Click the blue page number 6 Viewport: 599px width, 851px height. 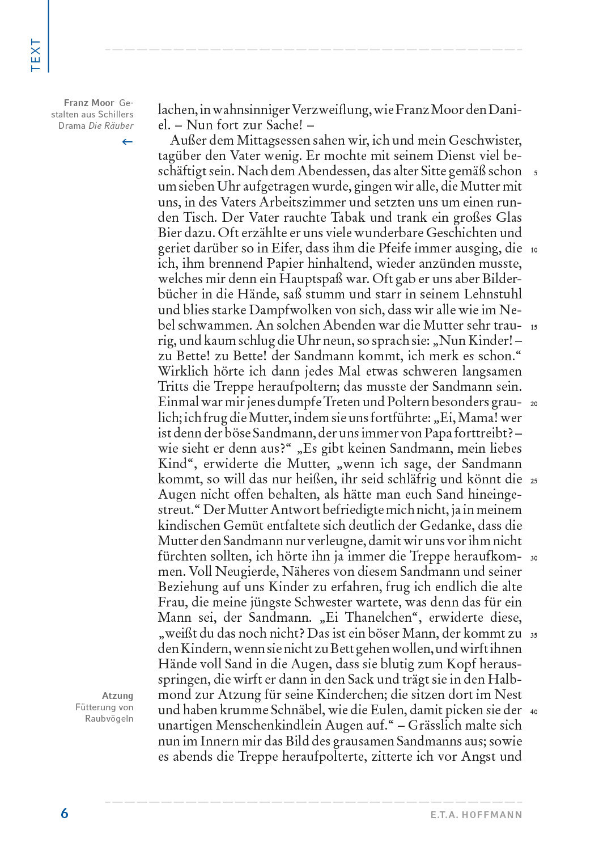point(65,813)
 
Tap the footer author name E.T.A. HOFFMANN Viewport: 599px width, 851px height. point(475,815)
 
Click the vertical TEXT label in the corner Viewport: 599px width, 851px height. point(36,55)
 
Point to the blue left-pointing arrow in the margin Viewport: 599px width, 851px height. point(128,142)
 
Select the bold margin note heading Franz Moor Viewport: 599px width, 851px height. point(89,103)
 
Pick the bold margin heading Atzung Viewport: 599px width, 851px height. point(118,696)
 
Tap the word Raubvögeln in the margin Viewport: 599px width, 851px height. point(109,718)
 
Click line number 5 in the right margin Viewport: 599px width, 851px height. point(535,173)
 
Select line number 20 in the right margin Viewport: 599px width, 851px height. point(534,404)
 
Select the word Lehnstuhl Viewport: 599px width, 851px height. point(490,295)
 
